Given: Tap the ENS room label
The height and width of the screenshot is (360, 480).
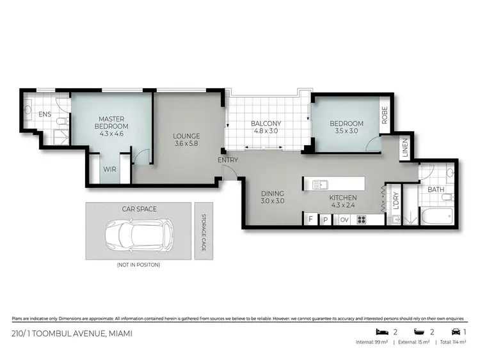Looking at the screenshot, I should coord(44,114).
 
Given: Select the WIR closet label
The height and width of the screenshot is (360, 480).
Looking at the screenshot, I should coord(109,170).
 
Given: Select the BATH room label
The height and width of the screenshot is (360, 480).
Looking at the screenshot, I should coord(436,190).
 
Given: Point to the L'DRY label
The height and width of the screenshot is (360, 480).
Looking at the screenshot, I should coord(396,200).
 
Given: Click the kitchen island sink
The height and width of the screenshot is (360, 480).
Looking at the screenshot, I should coord(320,185).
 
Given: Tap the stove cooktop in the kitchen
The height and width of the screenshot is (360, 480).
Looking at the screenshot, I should coord(361,219).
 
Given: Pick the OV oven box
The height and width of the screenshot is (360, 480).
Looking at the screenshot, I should coord(343,219).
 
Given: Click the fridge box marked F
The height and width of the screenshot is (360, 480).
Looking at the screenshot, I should coord(310,219).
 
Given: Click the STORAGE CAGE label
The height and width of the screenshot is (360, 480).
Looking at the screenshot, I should coord(203,231).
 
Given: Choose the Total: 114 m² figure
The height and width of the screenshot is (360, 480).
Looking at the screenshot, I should coord(456,342).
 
